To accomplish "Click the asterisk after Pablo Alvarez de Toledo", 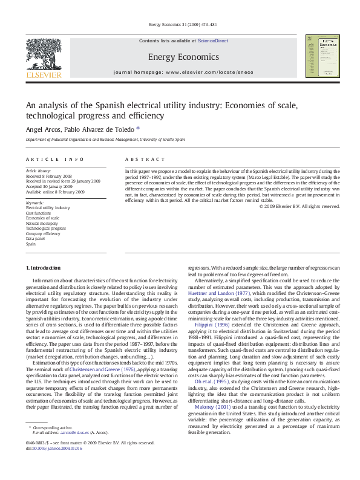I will click(138, 128).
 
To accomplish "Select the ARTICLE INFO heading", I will click(54, 159).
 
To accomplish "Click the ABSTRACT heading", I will click(144, 159).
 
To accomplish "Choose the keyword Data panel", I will click(35, 239).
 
